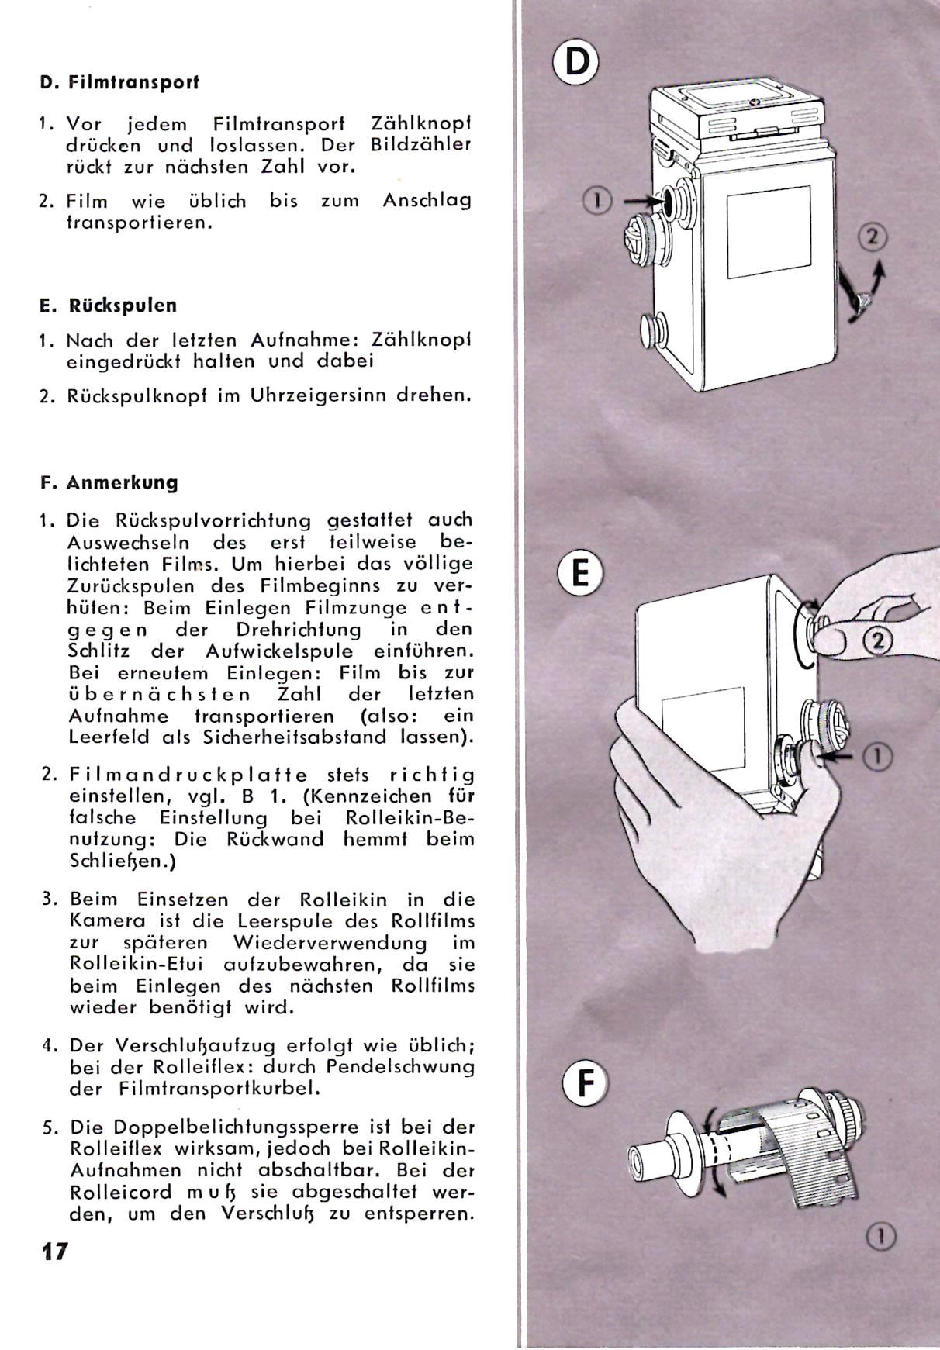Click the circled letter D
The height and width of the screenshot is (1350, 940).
(x=576, y=61)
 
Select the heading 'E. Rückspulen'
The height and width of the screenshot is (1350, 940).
(x=109, y=305)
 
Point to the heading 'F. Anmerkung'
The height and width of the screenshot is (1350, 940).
(x=109, y=482)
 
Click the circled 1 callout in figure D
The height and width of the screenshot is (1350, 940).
(x=597, y=201)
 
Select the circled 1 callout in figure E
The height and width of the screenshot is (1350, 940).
(x=881, y=756)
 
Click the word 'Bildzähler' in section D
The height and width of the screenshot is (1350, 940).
(x=421, y=145)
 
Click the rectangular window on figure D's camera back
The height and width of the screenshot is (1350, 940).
(x=769, y=232)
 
